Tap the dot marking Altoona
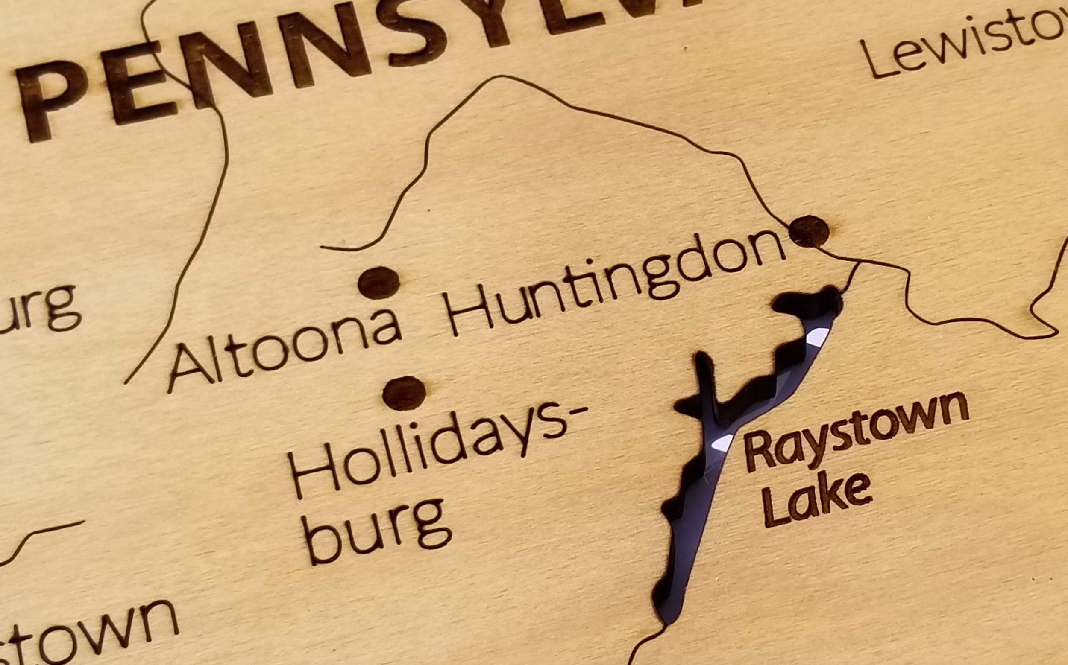378,283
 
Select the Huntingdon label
614,284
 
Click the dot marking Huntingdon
809,231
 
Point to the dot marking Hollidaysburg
404,393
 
